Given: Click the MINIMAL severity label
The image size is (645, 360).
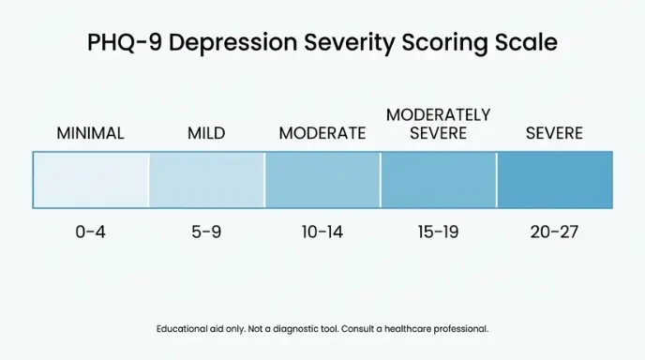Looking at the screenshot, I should (90, 133).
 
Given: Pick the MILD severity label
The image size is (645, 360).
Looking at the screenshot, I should (206, 133).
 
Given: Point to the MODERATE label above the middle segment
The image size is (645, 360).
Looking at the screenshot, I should (322, 133).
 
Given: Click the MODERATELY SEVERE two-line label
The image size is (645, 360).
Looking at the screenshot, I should (438, 124).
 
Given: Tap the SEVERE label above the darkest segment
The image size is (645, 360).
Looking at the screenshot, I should (554, 133).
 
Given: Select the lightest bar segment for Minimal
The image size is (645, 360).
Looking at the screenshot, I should (91, 179).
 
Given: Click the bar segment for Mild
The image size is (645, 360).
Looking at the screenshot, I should (206, 179).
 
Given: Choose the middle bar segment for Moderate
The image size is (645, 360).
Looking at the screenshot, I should (322, 179).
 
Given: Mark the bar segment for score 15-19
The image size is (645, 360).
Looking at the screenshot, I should (438, 179).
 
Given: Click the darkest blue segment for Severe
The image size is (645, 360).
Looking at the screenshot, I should (554, 179).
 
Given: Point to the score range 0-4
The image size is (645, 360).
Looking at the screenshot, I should (90, 232).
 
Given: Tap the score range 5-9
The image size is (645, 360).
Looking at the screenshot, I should (206, 232).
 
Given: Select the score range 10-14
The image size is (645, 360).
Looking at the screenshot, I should (322, 232).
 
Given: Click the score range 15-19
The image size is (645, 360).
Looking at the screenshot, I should (438, 232).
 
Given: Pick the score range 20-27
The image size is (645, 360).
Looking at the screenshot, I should (554, 232).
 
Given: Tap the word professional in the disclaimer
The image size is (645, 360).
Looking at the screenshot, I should (463, 329).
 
